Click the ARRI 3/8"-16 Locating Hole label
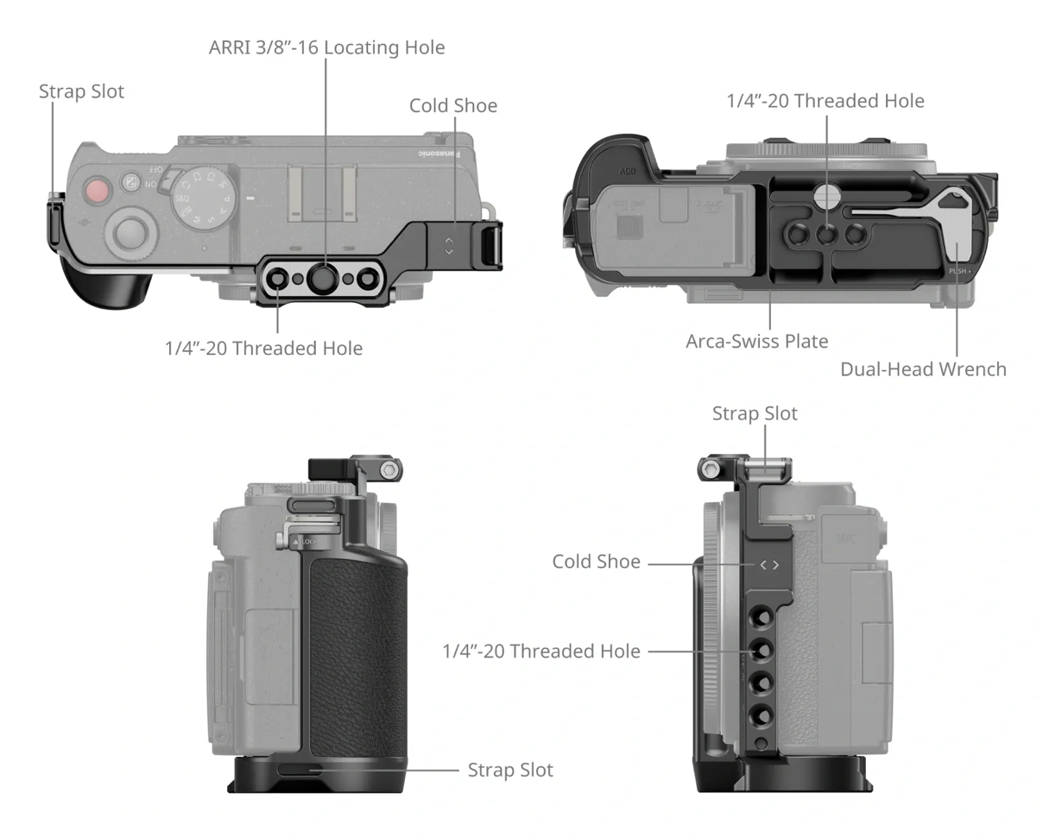pos(326,47)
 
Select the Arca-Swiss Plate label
pos(756,341)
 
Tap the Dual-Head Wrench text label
pos(923,369)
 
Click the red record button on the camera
pos(97,190)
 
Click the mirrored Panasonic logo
pos(438,153)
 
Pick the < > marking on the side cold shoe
pos(768,565)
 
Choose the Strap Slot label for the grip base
pos(509,769)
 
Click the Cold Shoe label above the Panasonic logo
pos(453,106)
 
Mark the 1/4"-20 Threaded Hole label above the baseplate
pos(825,101)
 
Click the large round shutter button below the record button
pos(130,232)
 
